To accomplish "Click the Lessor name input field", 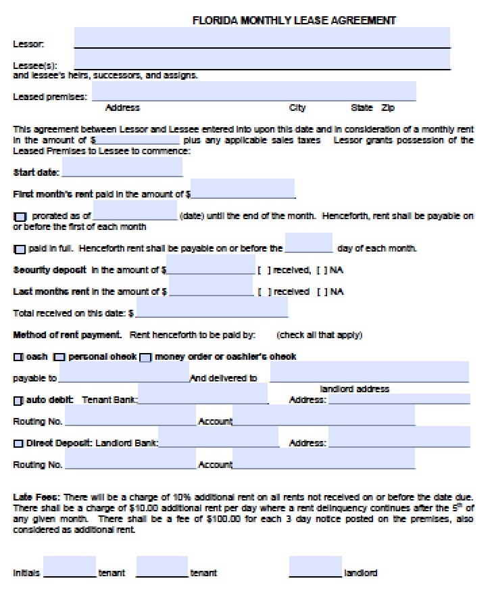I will pos(262,38).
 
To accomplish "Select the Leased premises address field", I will pos(253,91).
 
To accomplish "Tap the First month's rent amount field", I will pos(243,189).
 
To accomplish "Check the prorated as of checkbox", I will pos(20,216).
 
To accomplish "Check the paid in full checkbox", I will pos(20,249).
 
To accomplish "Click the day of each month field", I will pos(309,243).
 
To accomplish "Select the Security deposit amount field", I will pos(211,265).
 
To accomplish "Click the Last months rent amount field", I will pos(211,286).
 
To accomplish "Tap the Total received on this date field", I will pos(212,308).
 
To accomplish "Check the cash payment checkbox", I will pos(18,357).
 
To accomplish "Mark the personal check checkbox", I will pos(59,357).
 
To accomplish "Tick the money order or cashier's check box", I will pos(145,357).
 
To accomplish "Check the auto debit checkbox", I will pos(18,401).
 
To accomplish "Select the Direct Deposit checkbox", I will pos(18,444).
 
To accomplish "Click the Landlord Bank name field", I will pos(218,438).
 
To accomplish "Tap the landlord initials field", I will pos(315,567).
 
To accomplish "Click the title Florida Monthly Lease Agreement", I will pos(294,20).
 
